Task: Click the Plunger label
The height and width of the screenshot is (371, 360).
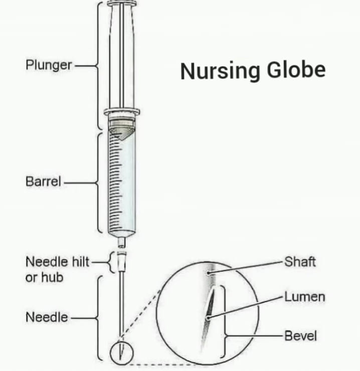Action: pos(49,65)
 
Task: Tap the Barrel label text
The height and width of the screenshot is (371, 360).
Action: pos(43,181)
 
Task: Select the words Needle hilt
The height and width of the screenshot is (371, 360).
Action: pos(58,262)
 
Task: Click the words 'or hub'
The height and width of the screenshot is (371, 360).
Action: pos(45,277)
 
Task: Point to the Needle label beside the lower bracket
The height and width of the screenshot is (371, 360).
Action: pos(47,317)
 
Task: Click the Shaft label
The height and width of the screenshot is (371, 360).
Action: pos(300,262)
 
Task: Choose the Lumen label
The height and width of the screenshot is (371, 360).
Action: pos(305,297)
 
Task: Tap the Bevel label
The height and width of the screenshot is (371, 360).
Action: pos(300,335)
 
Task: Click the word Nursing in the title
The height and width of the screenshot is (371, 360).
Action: pos(220,71)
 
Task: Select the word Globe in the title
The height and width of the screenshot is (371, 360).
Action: pos(296,70)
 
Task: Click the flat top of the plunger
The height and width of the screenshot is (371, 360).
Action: pos(122,4)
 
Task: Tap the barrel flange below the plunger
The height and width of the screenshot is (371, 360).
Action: pos(122,111)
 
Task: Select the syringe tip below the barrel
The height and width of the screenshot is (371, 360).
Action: pos(121,242)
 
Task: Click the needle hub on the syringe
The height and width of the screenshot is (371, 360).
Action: pos(121,262)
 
